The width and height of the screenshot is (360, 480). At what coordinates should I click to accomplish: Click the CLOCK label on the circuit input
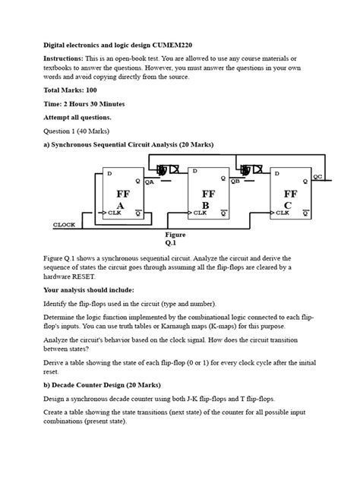pyautogui.click(x=64, y=225)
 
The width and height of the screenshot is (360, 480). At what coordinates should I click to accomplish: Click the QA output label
pyautogui.click(x=150, y=182)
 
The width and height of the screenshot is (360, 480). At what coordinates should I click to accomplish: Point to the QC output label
pyautogui.click(x=317, y=176)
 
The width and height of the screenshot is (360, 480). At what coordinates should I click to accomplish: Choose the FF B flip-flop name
pyautogui.click(x=208, y=200)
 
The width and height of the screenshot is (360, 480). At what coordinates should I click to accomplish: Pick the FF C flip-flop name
pyautogui.click(x=289, y=200)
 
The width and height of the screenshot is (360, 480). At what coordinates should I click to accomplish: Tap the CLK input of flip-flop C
pyautogui.click(x=283, y=213)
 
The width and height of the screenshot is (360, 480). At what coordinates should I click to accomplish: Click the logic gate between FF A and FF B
pyautogui.click(x=163, y=171)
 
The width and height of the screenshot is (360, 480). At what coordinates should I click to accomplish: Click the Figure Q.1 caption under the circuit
pyautogui.click(x=175, y=240)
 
